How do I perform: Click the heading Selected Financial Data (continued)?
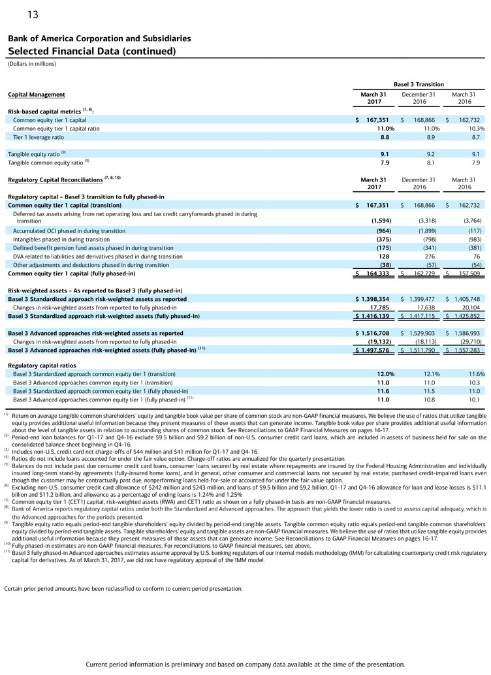pyautogui.click(x=92, y=51)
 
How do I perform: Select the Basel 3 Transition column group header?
pyautogui.click(x=418, y=84)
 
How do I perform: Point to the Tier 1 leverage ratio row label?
pyautogui.click(x=39, y=138)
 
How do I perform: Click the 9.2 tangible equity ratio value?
pyautogui.click(x=430, y=154)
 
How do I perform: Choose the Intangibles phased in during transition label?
pyautogui.click(x=61, y=240)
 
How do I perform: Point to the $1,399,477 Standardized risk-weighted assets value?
pyautogui.click(x=418, y=299)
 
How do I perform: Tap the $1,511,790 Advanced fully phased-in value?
pyautogui.click(x=418, y=350)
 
